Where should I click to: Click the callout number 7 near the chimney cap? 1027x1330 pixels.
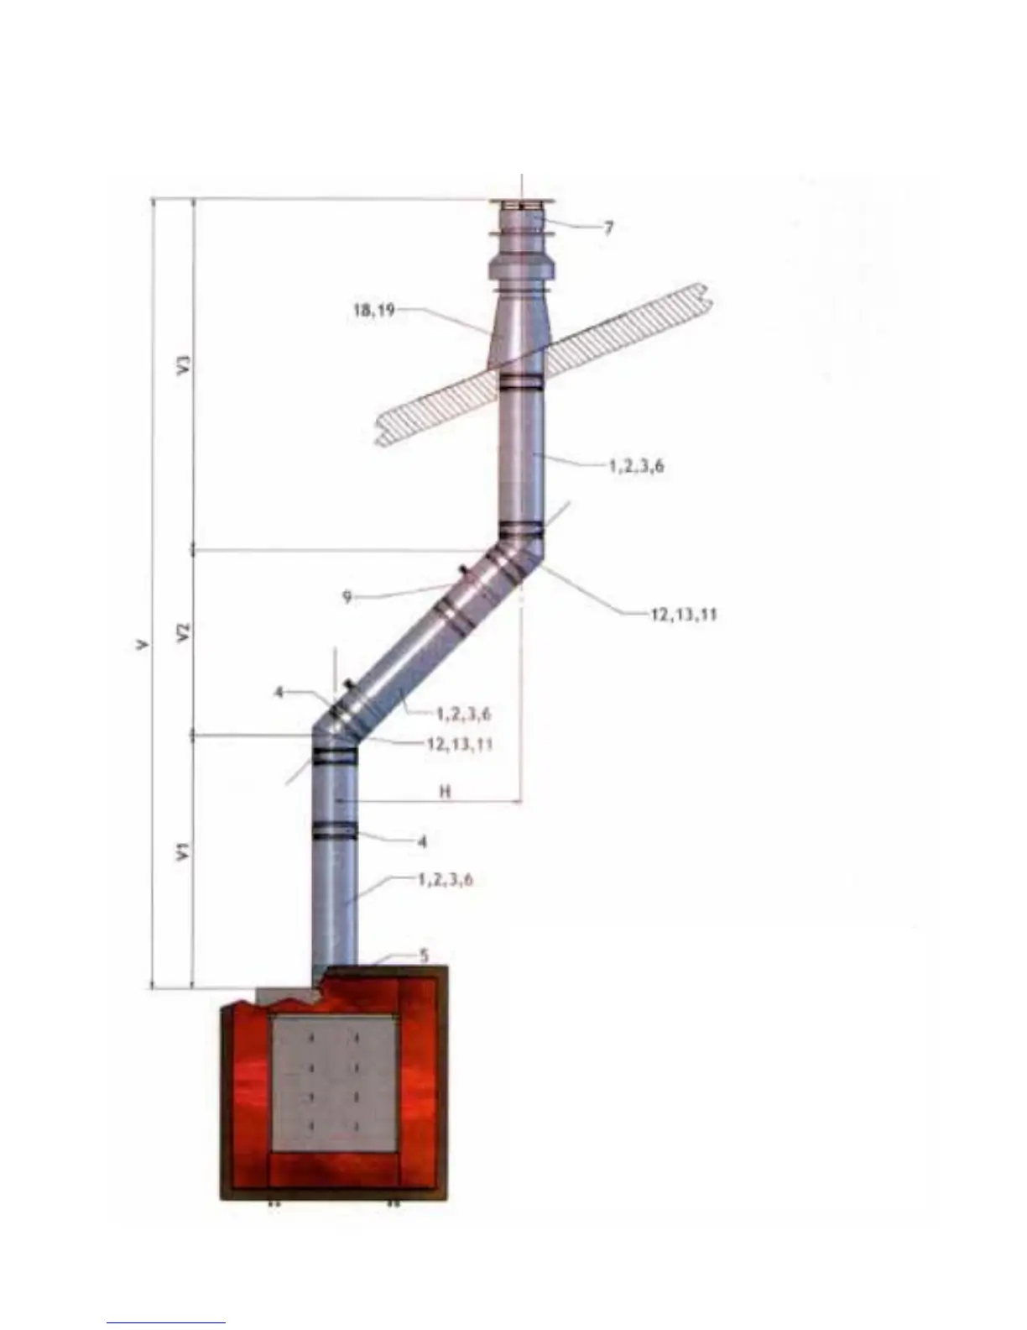pyautogui.click(x=608, y=228)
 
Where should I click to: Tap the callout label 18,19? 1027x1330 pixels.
pyautogui.click(x=374, y=311)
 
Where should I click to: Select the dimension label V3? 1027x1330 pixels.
pyautogui.click(x=184, y=366)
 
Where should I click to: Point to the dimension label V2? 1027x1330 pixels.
pyautogui.click(x=184, y=632)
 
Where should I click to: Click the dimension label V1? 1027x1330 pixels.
pyautogui.click(x=184, y=851)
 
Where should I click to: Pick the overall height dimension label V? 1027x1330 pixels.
pyautogui.click(x=142, y=645)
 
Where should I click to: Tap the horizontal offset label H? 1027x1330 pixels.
pyautogui.click(x=446, y=792)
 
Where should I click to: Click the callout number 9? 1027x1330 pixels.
pyautogui.click(x=347, y=597)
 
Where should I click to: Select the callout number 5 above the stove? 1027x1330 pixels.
pyautogui.click(x=425, y=956)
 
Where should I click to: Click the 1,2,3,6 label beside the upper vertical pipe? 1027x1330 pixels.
pyautogui.click(x=636, y=466)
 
